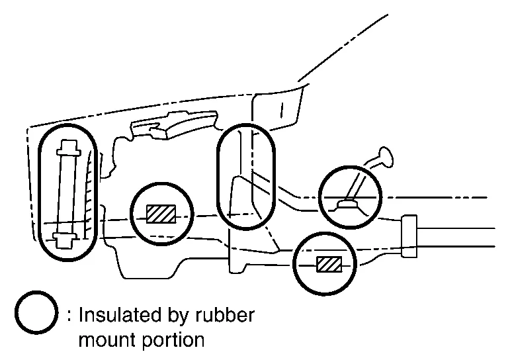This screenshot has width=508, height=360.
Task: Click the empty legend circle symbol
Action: (x=36, y=315)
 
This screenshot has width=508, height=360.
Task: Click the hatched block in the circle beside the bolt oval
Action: (x=161, y=214)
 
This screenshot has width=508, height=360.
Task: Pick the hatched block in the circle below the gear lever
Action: (x=327, y=263)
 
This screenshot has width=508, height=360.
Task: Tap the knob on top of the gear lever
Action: (x=383, y=158)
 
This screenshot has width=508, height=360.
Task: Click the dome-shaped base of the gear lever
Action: (x=347, y=206)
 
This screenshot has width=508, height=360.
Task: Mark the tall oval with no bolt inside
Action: (x=245, y=177)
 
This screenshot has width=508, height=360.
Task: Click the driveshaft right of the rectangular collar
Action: (x=456, y=236)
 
